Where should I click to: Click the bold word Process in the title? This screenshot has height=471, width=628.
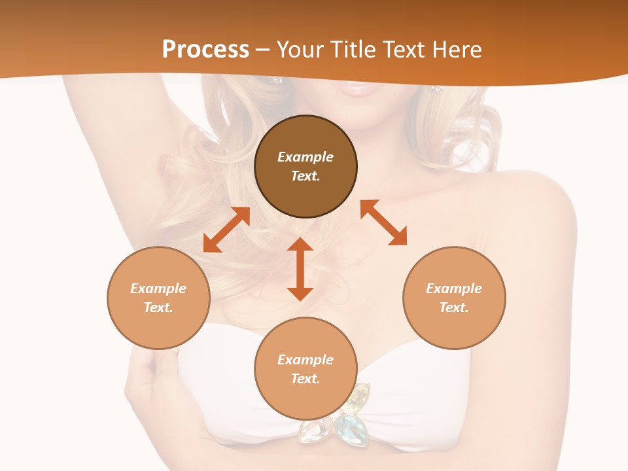[205, 50]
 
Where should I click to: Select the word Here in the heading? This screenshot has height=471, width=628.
[455, 50]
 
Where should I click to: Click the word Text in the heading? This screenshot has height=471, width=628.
[404, 50]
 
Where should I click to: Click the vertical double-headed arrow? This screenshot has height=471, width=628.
[300, 270]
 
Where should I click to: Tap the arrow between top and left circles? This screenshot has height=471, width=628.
[226, 230]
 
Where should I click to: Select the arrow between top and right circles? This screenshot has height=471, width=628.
[383, 222]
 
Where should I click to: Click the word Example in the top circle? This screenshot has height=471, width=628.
[305, 157]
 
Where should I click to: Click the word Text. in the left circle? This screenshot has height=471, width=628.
[158, 307]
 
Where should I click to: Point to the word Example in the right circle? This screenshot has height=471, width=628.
[454, 288]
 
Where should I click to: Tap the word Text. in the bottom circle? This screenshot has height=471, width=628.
[305, 379]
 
